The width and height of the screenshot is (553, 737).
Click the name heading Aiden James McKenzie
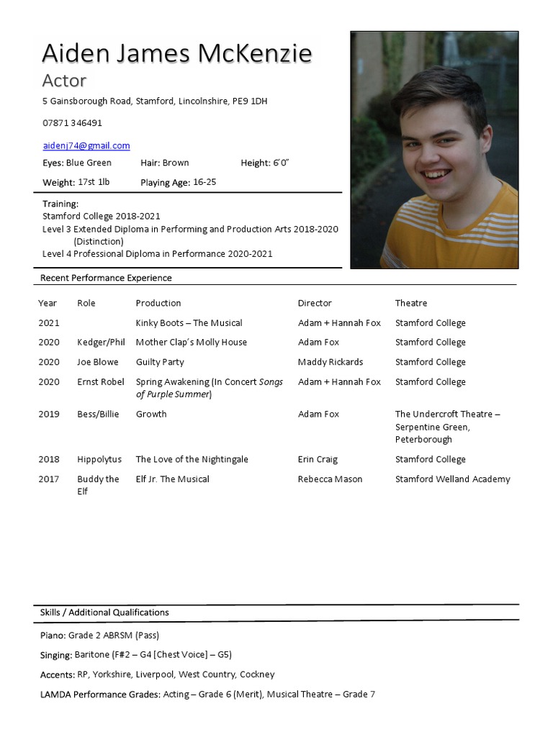[177, 54]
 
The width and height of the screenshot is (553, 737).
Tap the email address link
[86, 145]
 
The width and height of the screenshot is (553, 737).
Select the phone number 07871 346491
[72, 123]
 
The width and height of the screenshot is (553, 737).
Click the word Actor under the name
[64, 81]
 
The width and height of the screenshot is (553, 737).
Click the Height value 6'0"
[280, 163]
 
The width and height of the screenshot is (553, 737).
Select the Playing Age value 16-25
[204, 183]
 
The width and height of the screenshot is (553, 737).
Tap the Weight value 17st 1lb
[94, 183]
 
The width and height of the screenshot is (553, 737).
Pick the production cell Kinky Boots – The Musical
[189, 323]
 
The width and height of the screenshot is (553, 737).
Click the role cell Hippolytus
[99, 459]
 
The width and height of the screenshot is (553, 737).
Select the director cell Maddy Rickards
[331, 362]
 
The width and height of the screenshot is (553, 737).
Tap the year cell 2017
[49, 479]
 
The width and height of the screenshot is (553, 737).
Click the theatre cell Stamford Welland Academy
[452, 479]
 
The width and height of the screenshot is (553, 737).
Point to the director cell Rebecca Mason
[330, 479]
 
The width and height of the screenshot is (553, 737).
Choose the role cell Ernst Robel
[101, 382]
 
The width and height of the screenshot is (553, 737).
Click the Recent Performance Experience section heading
[106, 278]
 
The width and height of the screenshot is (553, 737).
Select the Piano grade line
[99, 636]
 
